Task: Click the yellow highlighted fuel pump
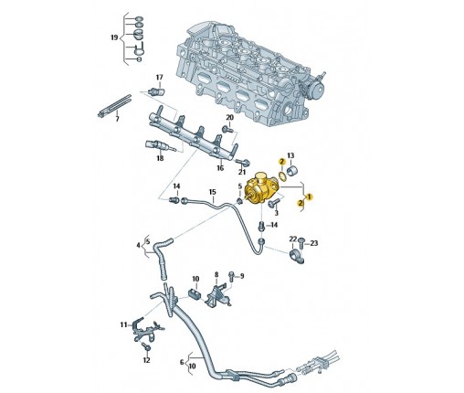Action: pos(261,189)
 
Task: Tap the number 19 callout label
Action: pos(114,37)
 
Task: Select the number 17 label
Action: pos(160,78)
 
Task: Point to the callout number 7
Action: pos(118,119)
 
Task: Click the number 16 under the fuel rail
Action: pos(220,168)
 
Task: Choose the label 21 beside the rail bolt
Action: pos(242,172)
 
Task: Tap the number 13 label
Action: pos(290,155)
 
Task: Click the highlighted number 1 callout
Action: pos(310,196)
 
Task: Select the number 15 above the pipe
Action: pos(212,192)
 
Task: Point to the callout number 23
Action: pos(313,243)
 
